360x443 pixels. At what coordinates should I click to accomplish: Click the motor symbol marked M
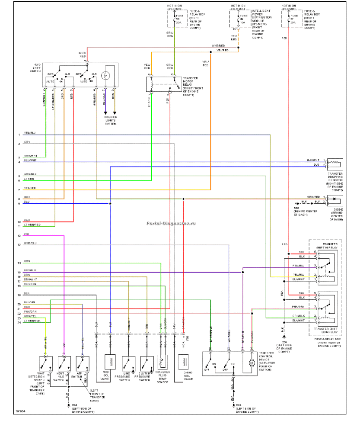pos(250,363)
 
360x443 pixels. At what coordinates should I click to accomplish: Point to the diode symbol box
pos(335,202)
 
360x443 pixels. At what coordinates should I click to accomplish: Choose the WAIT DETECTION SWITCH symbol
pos(45,363)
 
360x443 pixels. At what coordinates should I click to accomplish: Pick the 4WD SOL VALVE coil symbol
pos(110,362)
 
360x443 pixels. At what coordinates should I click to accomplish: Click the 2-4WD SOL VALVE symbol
pos(184,363)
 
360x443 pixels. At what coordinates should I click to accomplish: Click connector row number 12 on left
pos(19,236)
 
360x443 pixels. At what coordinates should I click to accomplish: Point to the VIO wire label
pos(26,234)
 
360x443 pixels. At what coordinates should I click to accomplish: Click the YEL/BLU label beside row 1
pos(30,133)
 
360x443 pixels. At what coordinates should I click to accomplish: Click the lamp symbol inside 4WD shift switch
pos(105,76)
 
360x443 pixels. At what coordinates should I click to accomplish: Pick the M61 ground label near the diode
pos(297,208)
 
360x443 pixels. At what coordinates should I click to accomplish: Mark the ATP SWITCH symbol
pos(82,363)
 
